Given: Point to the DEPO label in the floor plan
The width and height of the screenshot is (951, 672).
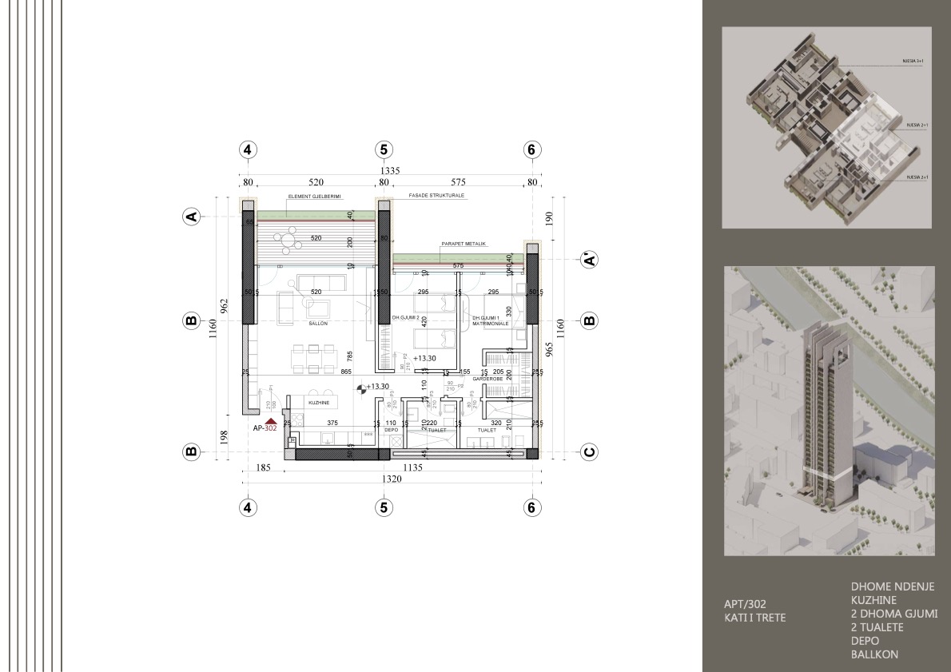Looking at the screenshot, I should [391, 430].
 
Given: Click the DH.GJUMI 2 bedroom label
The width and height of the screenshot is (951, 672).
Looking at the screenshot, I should [406, 318].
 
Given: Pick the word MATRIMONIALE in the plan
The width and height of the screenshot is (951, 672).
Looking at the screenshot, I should [490, 324].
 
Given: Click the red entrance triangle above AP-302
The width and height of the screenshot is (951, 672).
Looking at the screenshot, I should [271, 420].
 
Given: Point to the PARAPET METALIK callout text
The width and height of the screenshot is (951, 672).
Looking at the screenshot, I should [464, 244].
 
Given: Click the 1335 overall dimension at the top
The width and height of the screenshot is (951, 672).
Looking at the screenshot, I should [390, 170].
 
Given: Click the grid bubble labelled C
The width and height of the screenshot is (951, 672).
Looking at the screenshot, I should [589, 452].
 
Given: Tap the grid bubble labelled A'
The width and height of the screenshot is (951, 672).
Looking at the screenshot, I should [589, 260].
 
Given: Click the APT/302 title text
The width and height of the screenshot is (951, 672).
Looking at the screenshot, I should [744, 604].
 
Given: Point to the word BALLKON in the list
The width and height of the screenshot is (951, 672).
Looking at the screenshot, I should [875, 654].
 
